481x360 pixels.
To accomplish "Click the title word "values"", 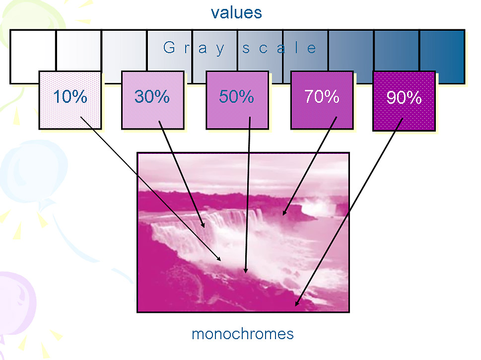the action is [x=236, y=12].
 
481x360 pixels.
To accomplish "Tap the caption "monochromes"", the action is [x=243, y=334].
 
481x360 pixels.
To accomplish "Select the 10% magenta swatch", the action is [x=70, y=100].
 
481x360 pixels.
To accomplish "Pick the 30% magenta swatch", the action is [x=153, y=100].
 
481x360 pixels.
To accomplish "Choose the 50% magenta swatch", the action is [x=237, y=100].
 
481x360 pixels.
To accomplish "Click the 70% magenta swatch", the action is [x=322, y=100].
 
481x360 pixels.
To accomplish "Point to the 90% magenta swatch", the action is [x=404, y=101].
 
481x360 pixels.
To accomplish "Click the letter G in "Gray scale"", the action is [x=169, y=48].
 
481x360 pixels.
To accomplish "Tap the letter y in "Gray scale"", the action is [x=220, y=50].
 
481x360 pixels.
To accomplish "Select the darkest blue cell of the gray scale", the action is [x=442, y=57].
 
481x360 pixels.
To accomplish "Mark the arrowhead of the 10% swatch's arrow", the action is [x=218, y=259].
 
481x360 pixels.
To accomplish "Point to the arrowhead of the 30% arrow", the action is [x=203, y=224].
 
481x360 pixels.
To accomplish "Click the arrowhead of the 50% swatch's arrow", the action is [x=245, y=270].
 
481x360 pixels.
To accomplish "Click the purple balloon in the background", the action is [x=16, y=302].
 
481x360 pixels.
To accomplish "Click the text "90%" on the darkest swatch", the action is [x=404, y=98].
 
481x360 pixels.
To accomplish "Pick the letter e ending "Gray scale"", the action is [x=311, y=49].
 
